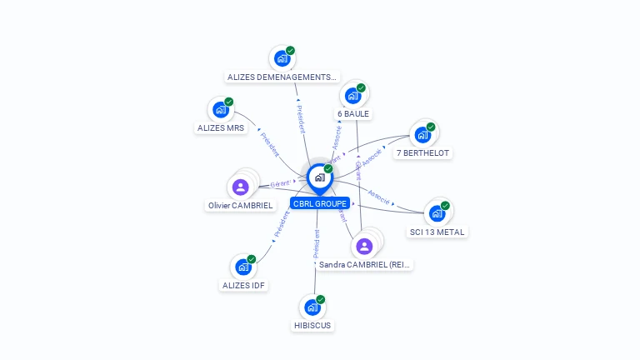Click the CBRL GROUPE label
320,203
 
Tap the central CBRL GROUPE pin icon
319,177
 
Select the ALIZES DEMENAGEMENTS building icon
282,59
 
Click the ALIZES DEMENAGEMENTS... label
282,77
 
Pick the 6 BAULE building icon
353,96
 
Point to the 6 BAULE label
353,113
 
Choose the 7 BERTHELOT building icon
422,134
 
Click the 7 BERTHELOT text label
423,153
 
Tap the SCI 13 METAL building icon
437,213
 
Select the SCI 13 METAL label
437,232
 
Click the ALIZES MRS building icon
221,110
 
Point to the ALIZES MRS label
221,128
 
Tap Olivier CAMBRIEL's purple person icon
241,187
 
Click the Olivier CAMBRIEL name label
241,205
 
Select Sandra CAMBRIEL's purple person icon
364,246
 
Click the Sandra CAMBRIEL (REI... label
365,264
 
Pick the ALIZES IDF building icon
243,267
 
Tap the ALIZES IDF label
243,285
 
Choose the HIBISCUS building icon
312,307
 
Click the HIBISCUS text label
312,325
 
